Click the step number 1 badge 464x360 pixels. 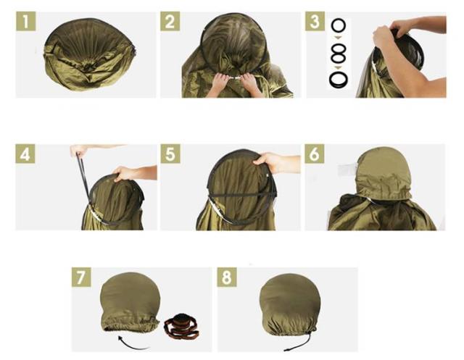point(26,21)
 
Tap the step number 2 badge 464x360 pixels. point(170,21)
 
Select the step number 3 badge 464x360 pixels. point(315,21)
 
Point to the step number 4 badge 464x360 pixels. point(25,154)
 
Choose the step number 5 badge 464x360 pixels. point(170,154)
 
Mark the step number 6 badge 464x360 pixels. point(315,154)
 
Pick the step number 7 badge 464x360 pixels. point(81,277)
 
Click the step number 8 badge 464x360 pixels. point(227,277)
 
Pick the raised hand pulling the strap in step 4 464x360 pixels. point(79,150)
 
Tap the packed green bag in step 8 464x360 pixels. point(289,304)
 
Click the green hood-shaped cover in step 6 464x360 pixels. point(384,175)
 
